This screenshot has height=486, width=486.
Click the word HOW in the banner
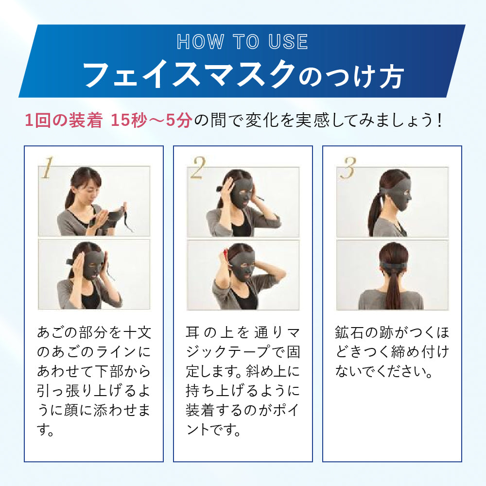pyautogui.click(x=200, y=42)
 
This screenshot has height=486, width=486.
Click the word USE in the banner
pyautogui.click(x=288, y=42)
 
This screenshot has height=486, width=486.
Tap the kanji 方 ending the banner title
pyautogui.click(x=391, y=76)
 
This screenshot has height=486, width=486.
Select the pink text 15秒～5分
pyautogui.click(x=152, y=120)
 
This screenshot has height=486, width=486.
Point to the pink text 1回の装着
pyautogui.click(x=64, y=120)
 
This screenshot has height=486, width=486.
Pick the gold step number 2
pyautogui.click(x=198, y=168)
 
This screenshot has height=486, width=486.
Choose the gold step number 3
pyautogui.click(x=348, y=168)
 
